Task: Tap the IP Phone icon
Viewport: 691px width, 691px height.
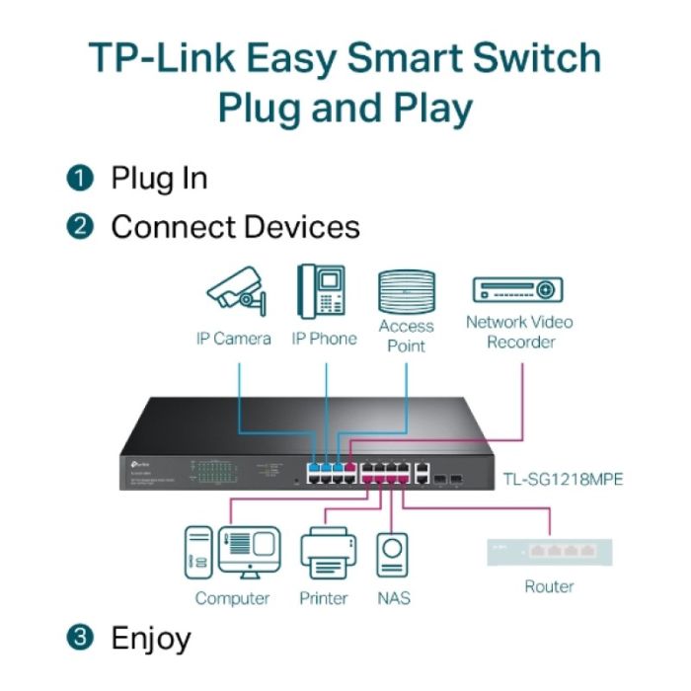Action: pos(323,291)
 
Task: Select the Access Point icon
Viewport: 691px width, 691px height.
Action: pos(406,291)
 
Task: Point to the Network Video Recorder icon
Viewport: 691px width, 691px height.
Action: pos(518,289)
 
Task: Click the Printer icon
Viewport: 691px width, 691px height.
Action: pos(326,555)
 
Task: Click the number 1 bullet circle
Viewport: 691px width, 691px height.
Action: pos(80,179)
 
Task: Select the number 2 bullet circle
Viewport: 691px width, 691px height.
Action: pos(80,227)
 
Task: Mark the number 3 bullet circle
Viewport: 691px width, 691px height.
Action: pos(80,638)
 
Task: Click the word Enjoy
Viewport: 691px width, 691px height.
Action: pos(150,638)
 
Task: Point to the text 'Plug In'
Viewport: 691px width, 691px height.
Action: pos(159,179)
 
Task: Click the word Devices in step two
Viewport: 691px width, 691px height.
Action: pos(301,227)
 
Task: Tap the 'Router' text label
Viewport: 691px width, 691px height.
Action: pos(550,586)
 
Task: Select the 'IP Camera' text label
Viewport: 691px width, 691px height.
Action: pos(233,339)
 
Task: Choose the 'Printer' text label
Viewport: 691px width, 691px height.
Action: pos(324,598)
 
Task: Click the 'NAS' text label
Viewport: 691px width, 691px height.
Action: pos(394,598)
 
